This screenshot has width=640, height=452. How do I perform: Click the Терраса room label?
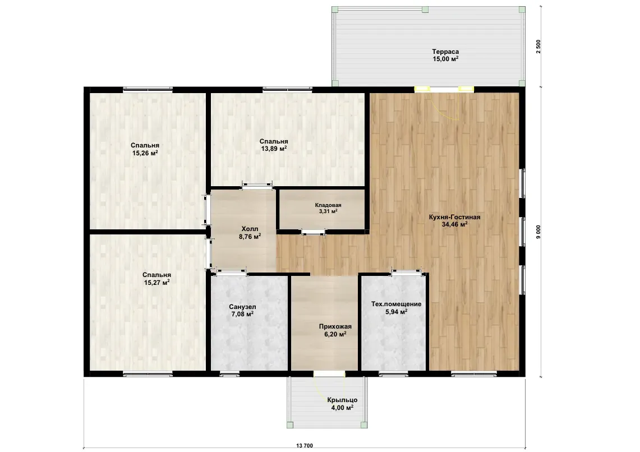point(445,52)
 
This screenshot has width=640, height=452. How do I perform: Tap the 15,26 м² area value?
point(145,153)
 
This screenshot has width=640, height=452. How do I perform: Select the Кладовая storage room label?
point(328,205)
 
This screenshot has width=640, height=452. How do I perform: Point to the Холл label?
point(250,229)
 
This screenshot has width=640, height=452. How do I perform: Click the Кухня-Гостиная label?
point(454,217)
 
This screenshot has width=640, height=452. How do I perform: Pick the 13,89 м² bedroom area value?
point(274,149)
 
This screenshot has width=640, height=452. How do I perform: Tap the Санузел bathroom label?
point(242,307)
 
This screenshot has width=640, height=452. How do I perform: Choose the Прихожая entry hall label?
point(335,326)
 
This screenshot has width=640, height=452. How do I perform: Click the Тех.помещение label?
point(397,304)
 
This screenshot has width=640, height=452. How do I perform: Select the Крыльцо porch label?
point(342,400)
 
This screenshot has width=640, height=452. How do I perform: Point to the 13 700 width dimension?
point(305,446)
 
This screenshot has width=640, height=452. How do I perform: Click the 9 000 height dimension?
point(538,232)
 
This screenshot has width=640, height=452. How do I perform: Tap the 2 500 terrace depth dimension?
point(538,47)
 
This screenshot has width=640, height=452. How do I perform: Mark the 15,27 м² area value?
point(156,282)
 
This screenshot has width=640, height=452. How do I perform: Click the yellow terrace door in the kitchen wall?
point(444,89)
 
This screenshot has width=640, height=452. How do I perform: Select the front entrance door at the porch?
point(329,374)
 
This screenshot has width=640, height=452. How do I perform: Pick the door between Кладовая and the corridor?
point(314,233)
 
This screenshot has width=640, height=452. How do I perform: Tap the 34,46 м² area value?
point(454,224)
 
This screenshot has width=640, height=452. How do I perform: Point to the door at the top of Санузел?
point(232,271)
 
